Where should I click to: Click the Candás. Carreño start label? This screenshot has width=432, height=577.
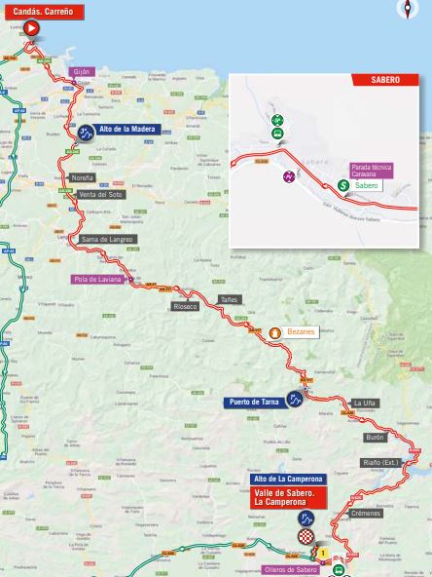(x=42, y=12)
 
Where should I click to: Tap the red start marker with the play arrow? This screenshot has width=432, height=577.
(x=31, y=29)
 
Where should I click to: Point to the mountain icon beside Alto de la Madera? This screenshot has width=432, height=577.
(x=86, y=134)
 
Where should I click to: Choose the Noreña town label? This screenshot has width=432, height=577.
(x=83, y=178)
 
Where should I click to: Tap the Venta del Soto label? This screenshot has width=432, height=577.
(x=99, y=194)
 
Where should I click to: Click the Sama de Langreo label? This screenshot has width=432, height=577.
(x=107, y=239)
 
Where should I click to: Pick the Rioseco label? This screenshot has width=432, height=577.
(x=185, y=306)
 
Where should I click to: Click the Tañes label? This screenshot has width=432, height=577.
(x=229, y=300)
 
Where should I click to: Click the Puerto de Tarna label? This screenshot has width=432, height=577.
(x=254, y=402)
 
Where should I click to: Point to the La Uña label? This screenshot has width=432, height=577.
(x=364, y=403)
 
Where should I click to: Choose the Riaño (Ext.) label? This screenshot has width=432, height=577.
(x=380, y=463)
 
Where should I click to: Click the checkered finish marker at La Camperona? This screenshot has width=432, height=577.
(x=306, y=536)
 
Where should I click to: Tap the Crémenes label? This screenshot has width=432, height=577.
(x=366, y=513)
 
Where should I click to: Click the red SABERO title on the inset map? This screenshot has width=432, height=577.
(x=385, y=81)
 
